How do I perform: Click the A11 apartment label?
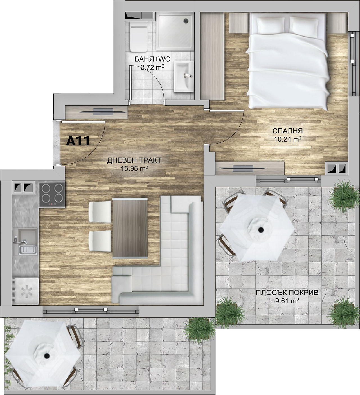[x=78, y=141]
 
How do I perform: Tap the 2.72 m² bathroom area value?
[x=152, y=68]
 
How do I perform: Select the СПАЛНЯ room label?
[x=287, y=131]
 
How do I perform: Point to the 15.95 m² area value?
[x=134, y=169]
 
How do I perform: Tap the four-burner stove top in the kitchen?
[x=52, y=195]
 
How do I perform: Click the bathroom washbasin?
[x=184, y=76]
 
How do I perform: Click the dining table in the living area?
[x=130, y=228]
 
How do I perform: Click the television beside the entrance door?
[x=103, y=112]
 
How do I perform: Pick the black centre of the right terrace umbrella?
[x=261, y=230]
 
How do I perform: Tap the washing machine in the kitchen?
[x=26, y=292]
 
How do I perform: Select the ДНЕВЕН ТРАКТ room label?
[x=134, y=160]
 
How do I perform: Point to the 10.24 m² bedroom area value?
[x=288, y=139]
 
